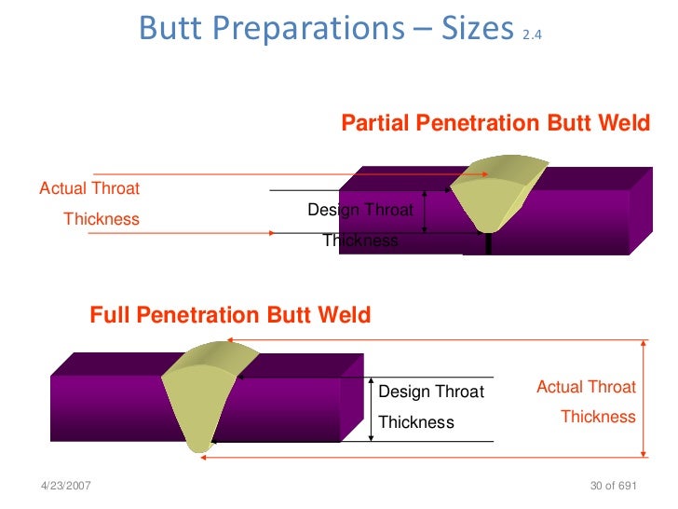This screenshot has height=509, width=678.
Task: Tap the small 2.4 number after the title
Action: click(532, 35)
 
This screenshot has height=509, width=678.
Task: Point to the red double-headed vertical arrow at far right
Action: click(644, 399)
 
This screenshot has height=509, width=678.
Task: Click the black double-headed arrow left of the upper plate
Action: click(424, 212)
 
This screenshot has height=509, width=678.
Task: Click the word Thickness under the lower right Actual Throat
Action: click(597, 417)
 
